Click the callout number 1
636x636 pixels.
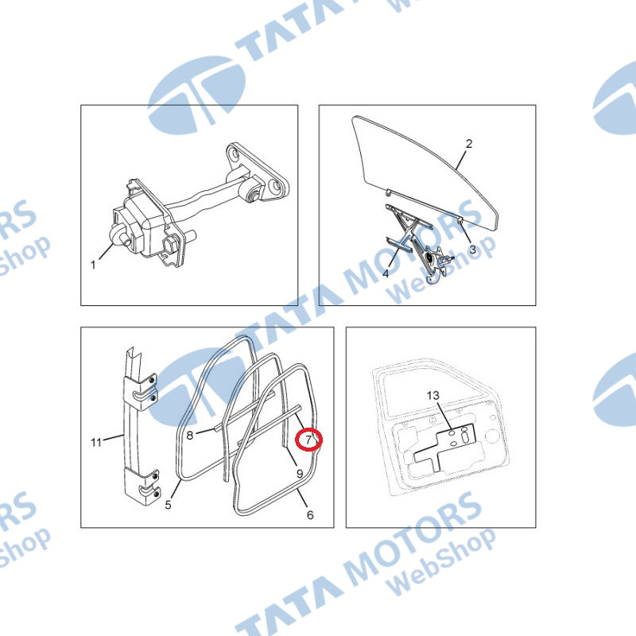[93, 265]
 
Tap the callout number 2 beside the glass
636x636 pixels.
[469, 144]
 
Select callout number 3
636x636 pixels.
[472, 250]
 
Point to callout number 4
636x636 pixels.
[386, 273]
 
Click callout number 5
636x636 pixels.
[168, 505]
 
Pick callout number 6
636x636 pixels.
[310, 514]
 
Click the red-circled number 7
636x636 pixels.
[308, 440]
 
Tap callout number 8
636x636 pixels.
[190, 436]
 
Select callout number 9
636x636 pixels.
[300, 473]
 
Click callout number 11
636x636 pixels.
[96, 442]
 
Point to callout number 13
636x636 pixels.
[432, 395]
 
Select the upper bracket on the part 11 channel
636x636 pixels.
[141, 390]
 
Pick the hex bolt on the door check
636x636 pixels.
[169, 245]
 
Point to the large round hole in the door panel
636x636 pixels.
[492, 436]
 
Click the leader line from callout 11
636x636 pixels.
[113, 437]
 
